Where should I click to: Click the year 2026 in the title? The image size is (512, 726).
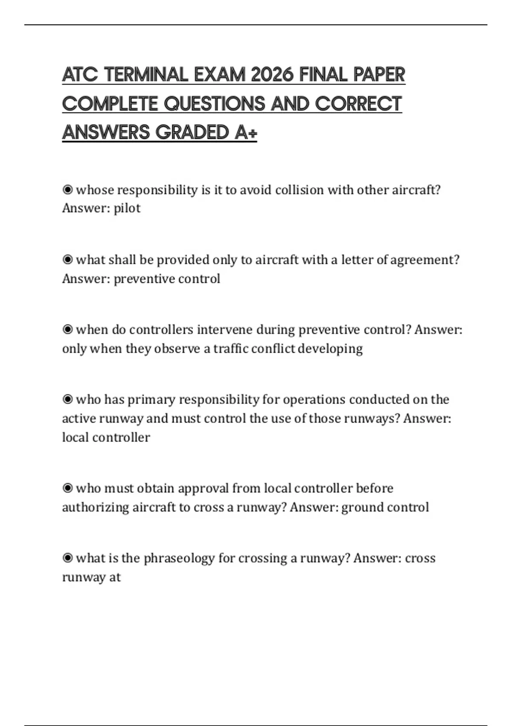272,75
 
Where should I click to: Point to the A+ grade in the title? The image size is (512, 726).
246,132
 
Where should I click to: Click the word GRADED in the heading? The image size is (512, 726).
193,132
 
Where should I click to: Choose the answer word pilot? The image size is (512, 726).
127,208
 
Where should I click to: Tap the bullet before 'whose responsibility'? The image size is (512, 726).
67,189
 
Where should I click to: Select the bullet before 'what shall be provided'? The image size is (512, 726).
67,259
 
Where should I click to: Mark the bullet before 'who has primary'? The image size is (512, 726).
67,399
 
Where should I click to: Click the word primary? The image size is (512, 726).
151,400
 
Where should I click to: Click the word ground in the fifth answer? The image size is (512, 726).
362,507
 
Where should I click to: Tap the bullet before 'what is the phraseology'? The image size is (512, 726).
67,558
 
